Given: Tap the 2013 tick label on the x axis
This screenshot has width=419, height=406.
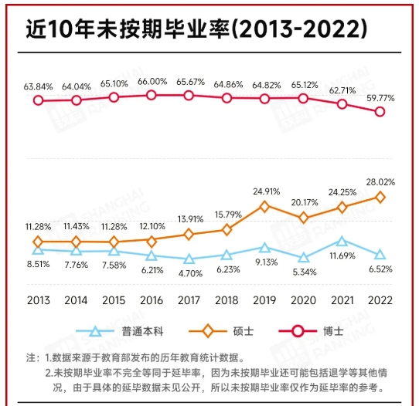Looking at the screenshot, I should coord(38,301).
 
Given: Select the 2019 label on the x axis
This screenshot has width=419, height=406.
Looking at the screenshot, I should coord(264,301).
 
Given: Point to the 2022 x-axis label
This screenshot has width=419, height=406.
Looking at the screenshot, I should coord(378,301).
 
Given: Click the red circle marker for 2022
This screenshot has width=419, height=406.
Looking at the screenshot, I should coord(379,112).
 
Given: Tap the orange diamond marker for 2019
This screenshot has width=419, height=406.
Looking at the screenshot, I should coord(264,206).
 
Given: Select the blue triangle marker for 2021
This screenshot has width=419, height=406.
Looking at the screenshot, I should coord(341,242).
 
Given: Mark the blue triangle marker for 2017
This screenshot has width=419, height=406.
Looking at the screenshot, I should coord(189,259).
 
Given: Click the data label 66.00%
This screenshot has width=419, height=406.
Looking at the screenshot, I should coord(152,81).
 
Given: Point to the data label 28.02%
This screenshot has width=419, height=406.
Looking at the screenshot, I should coord(380,182).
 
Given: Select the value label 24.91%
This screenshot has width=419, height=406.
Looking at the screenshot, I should coord(264,191).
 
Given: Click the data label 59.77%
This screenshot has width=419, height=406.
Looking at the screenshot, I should coord(380,98).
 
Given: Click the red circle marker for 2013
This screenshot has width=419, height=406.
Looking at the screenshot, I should coord(38,100).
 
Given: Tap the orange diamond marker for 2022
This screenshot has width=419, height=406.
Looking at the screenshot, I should coord(379,197).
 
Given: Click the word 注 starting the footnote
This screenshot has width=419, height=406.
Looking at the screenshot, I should coord(32,358).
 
